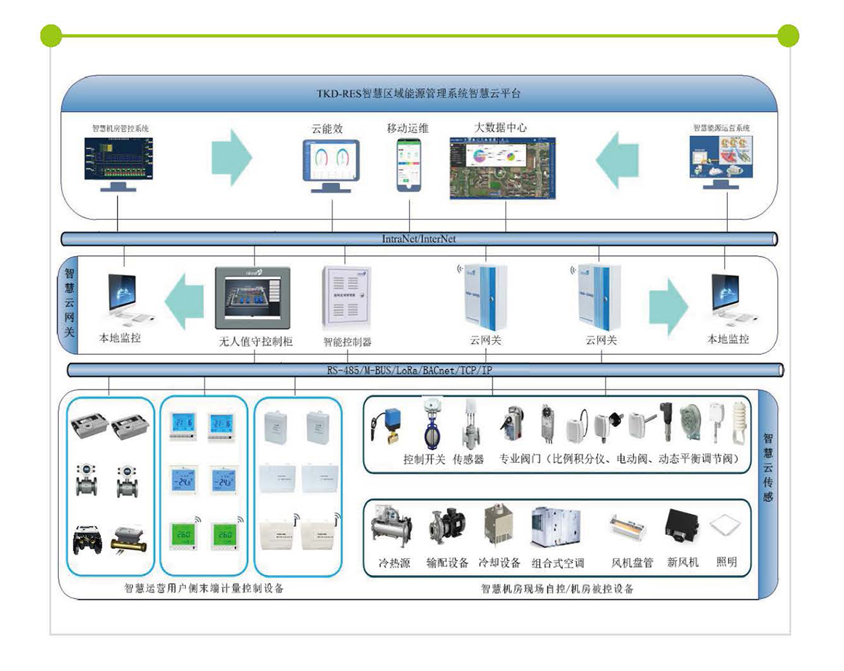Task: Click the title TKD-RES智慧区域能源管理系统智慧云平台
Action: [418, 93]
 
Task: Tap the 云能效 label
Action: [327, 129]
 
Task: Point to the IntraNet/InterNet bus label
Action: [419, 238]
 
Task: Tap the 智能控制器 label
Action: [347, 341]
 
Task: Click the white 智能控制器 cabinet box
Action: [347, 298]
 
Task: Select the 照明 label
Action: [726, 562]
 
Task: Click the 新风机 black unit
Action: [682, 527]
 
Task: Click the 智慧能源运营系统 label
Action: [721, 128]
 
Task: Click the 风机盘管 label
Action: [632, 563]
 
